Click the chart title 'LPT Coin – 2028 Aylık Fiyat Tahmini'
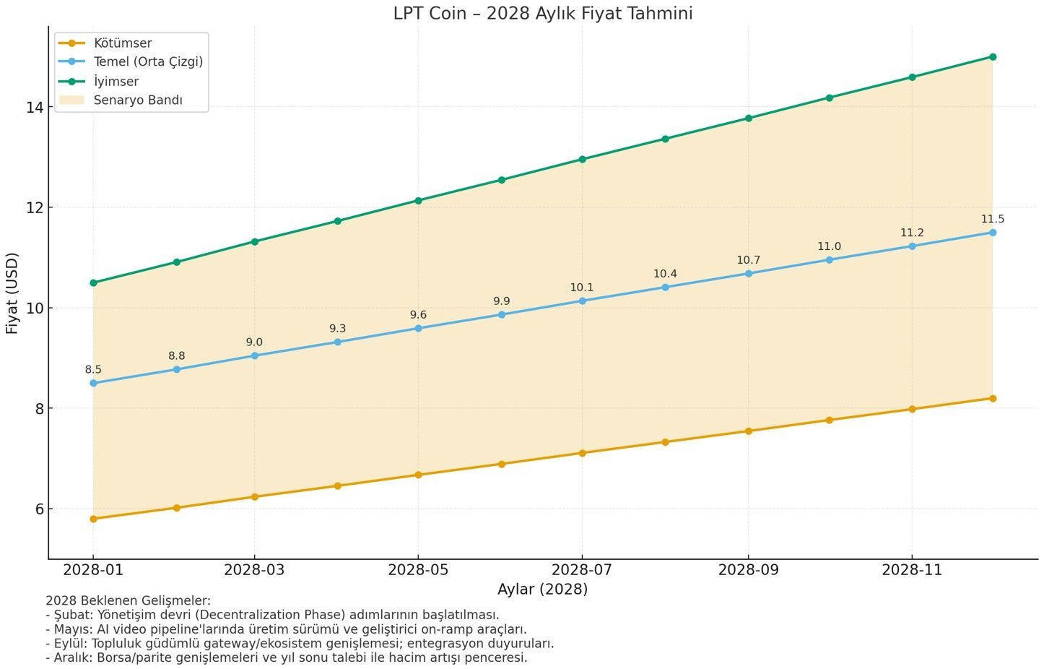tap(542, 13)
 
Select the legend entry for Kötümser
tap(123, 43)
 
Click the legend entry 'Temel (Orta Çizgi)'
tap(148, 62)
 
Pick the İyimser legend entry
tap(116, 82)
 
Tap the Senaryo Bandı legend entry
tap(138, 100)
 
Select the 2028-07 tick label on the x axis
tap(582, 570)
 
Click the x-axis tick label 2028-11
tap(912, 570)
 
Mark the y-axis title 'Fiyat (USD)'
tap(12, 293)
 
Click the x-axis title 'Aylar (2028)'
tap(542, 590)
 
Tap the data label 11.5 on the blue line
tap(992, 220)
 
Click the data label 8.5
tap(93, 370)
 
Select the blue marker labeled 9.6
tap(418, 329)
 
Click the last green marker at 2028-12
tap(993, 57)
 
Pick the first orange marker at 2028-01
tap(93, 519)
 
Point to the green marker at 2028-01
tap(93, 283)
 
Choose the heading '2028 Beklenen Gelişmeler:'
tap(128, 600)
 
